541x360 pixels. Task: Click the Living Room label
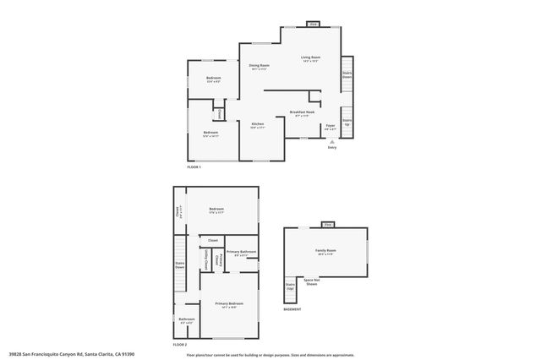click(x=309, y=58)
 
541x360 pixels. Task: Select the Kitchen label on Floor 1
click(x=258, y=125)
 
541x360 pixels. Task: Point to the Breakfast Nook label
click(x=302, y=113)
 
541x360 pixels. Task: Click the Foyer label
click(x=331, y=126)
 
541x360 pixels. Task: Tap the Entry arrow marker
click(x=331, y=143)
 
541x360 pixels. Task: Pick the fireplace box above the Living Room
click(x=313, y=25)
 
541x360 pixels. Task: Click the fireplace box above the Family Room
click(x=326, y=225)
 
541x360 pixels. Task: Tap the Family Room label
click(x=325, y=251)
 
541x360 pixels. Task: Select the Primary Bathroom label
click(x=241, y=253)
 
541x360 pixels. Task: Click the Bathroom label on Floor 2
click(x=187, y=319)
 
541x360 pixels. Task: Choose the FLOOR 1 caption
click(x=194, y=166)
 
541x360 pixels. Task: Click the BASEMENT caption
click(x=292, y=309)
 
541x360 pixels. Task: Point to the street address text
click(x=72, y=355)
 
